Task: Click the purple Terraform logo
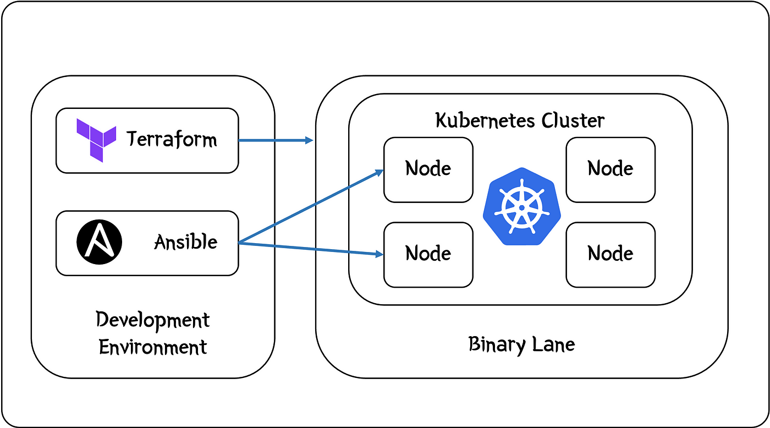click(96, 140)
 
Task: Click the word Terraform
click(172, 139)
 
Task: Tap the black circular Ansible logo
click(99, 242)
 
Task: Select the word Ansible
click(186, 242)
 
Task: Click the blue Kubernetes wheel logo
click(522, 206)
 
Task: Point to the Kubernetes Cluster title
click(520, 120)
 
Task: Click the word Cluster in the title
click(573, 120)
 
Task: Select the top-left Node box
click(428, 170)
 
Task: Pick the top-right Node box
click(610, 170)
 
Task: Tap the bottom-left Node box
click(428, 255)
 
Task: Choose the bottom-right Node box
click(610, 255)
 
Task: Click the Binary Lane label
click(521, 344)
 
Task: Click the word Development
click(153, 321)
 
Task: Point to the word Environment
click(153, 347)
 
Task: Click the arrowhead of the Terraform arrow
click(309, 140)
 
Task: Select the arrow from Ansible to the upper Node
click(311, 206)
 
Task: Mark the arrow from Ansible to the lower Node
click(311, 249)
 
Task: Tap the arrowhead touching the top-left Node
click(380, 172)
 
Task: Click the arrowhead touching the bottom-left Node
click(380, 254)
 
